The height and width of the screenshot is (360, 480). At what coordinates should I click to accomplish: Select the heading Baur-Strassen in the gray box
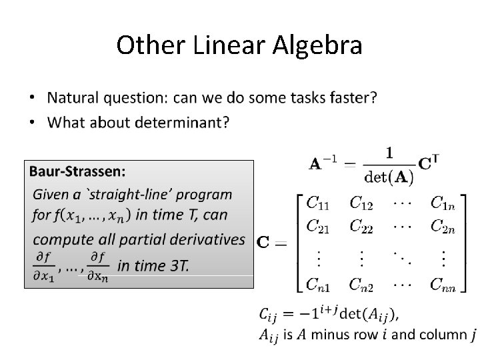click(77, 171)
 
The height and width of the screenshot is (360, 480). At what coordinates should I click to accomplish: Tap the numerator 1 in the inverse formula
click(389, 153)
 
